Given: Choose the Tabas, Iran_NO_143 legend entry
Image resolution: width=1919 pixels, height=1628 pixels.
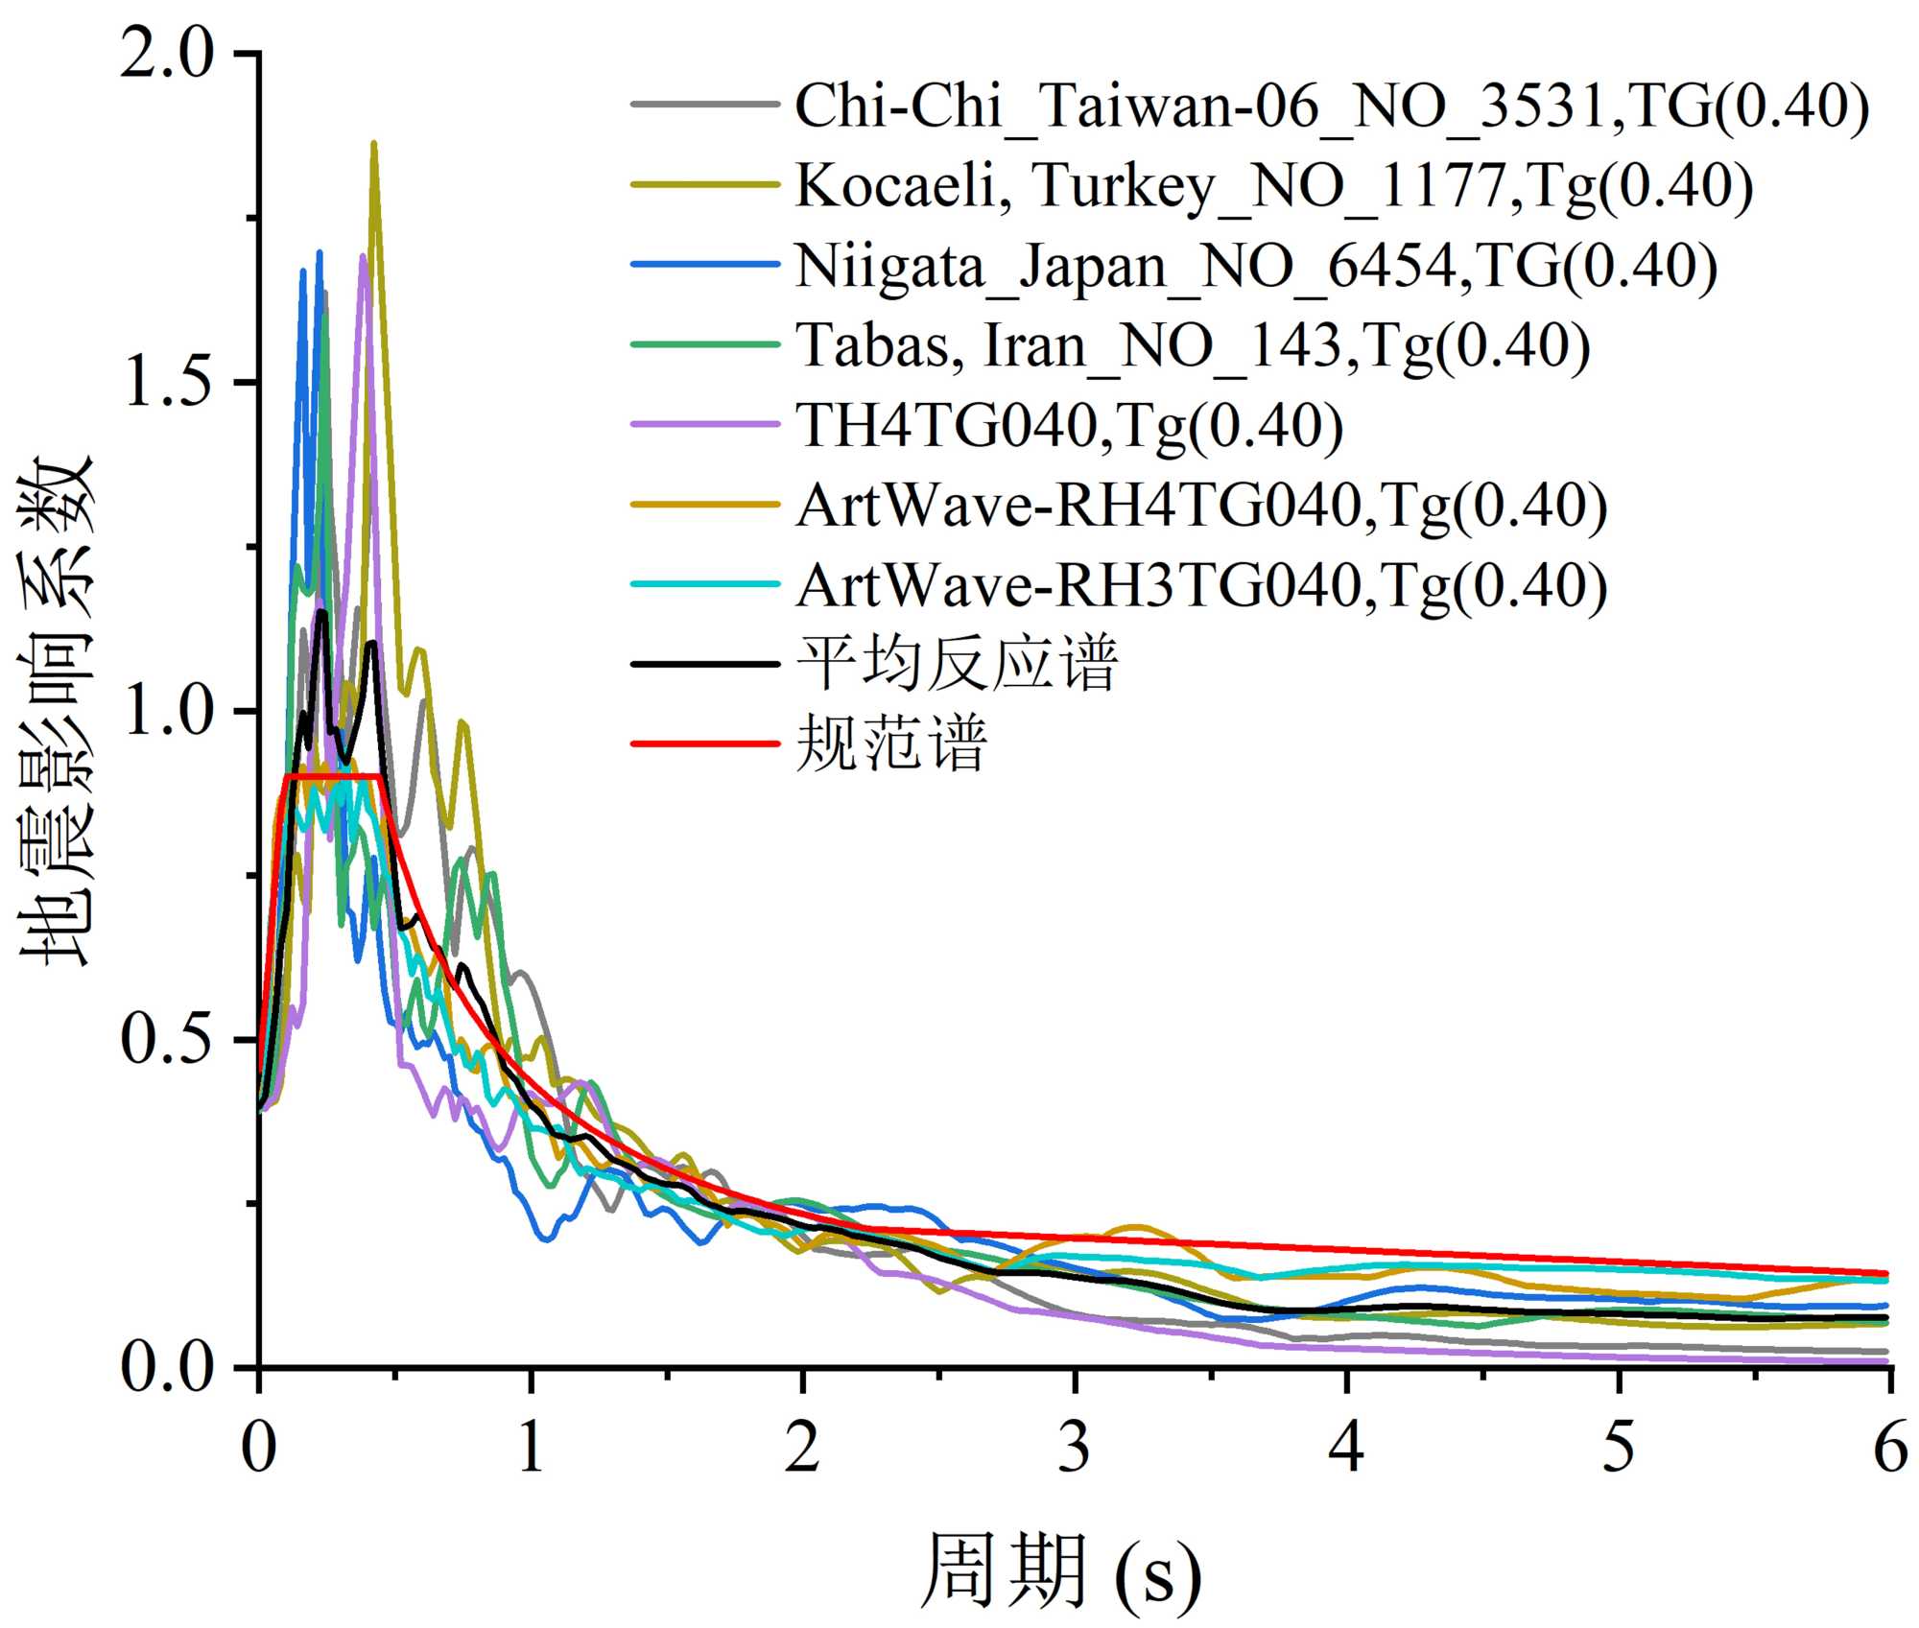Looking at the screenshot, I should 1193,345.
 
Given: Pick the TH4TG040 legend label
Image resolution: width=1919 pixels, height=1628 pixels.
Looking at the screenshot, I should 1069,426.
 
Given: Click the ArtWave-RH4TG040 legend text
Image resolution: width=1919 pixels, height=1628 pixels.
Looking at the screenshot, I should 1201,506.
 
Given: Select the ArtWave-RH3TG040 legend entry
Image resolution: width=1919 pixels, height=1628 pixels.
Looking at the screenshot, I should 1201,585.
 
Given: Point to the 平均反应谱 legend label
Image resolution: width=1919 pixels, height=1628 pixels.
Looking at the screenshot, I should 957,664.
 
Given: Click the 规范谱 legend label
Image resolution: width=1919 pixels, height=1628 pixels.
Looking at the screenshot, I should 891,743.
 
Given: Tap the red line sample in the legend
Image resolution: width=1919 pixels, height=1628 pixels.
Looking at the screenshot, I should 705,743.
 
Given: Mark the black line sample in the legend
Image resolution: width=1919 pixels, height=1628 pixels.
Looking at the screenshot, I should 705,664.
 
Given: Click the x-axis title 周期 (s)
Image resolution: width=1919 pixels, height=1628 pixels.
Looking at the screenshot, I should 1060,1570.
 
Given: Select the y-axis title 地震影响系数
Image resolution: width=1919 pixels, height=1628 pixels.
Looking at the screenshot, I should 58,710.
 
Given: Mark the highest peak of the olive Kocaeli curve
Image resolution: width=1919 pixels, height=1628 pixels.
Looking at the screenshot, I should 373,144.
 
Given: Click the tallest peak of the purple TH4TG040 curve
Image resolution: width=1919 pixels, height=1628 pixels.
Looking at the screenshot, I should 362,256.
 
